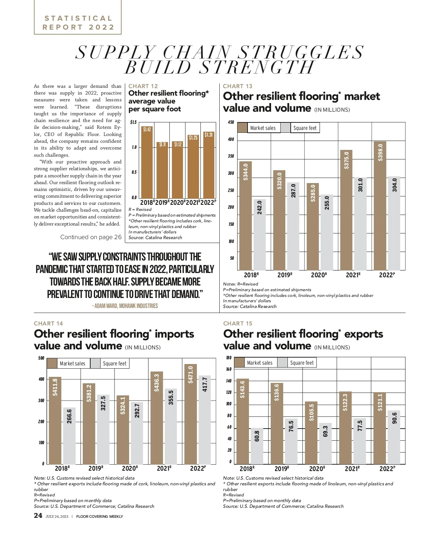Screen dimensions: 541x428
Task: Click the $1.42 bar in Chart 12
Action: click(147, 162)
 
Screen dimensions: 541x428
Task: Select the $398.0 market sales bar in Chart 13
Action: click(380, 206)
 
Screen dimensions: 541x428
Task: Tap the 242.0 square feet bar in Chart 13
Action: click(260, 234)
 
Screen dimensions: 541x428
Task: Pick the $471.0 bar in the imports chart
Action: click(190, 414)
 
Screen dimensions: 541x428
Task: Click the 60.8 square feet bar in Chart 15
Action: click(257, 446)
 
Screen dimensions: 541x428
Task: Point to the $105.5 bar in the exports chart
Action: click(311, 433)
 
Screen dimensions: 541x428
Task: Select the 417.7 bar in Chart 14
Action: click(205, 420)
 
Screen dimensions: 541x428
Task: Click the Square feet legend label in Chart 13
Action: click(305, 128)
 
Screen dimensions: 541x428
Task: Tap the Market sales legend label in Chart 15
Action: click(259, 363)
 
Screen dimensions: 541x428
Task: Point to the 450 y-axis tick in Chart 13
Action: click(231, 122)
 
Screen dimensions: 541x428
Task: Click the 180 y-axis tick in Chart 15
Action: click(229, 358)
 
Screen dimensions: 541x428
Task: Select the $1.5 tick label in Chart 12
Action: click(133, 122)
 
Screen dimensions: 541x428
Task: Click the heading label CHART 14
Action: click(49, 323)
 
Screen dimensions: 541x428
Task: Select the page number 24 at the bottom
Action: click(38, 516)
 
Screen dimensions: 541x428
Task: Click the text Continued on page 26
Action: click(91, 237)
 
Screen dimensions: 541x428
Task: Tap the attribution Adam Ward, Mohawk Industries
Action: click(124, 306)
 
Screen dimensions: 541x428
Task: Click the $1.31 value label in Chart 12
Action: click(209, 135)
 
